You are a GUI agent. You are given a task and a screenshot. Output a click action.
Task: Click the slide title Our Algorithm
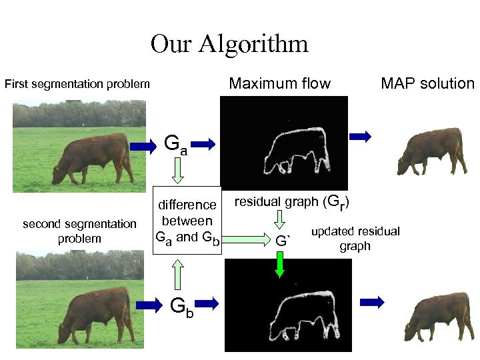click(229, 44)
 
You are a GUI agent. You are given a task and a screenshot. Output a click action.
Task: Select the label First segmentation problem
click(77, 85)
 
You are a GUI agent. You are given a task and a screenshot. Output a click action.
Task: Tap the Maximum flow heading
click(279, 83)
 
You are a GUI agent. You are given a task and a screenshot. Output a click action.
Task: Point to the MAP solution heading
click(427, 83)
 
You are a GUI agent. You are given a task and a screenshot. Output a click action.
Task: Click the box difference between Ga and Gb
click(187, 221)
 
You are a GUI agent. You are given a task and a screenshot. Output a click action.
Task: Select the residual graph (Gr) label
click(293, 201)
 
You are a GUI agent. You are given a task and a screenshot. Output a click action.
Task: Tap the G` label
click(283, 240)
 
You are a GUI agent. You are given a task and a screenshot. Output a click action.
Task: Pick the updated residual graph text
click(355, 238)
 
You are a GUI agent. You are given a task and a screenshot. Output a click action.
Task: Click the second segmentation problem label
click(79, 231)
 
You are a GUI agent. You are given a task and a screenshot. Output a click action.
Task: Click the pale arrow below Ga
click(177, 173)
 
